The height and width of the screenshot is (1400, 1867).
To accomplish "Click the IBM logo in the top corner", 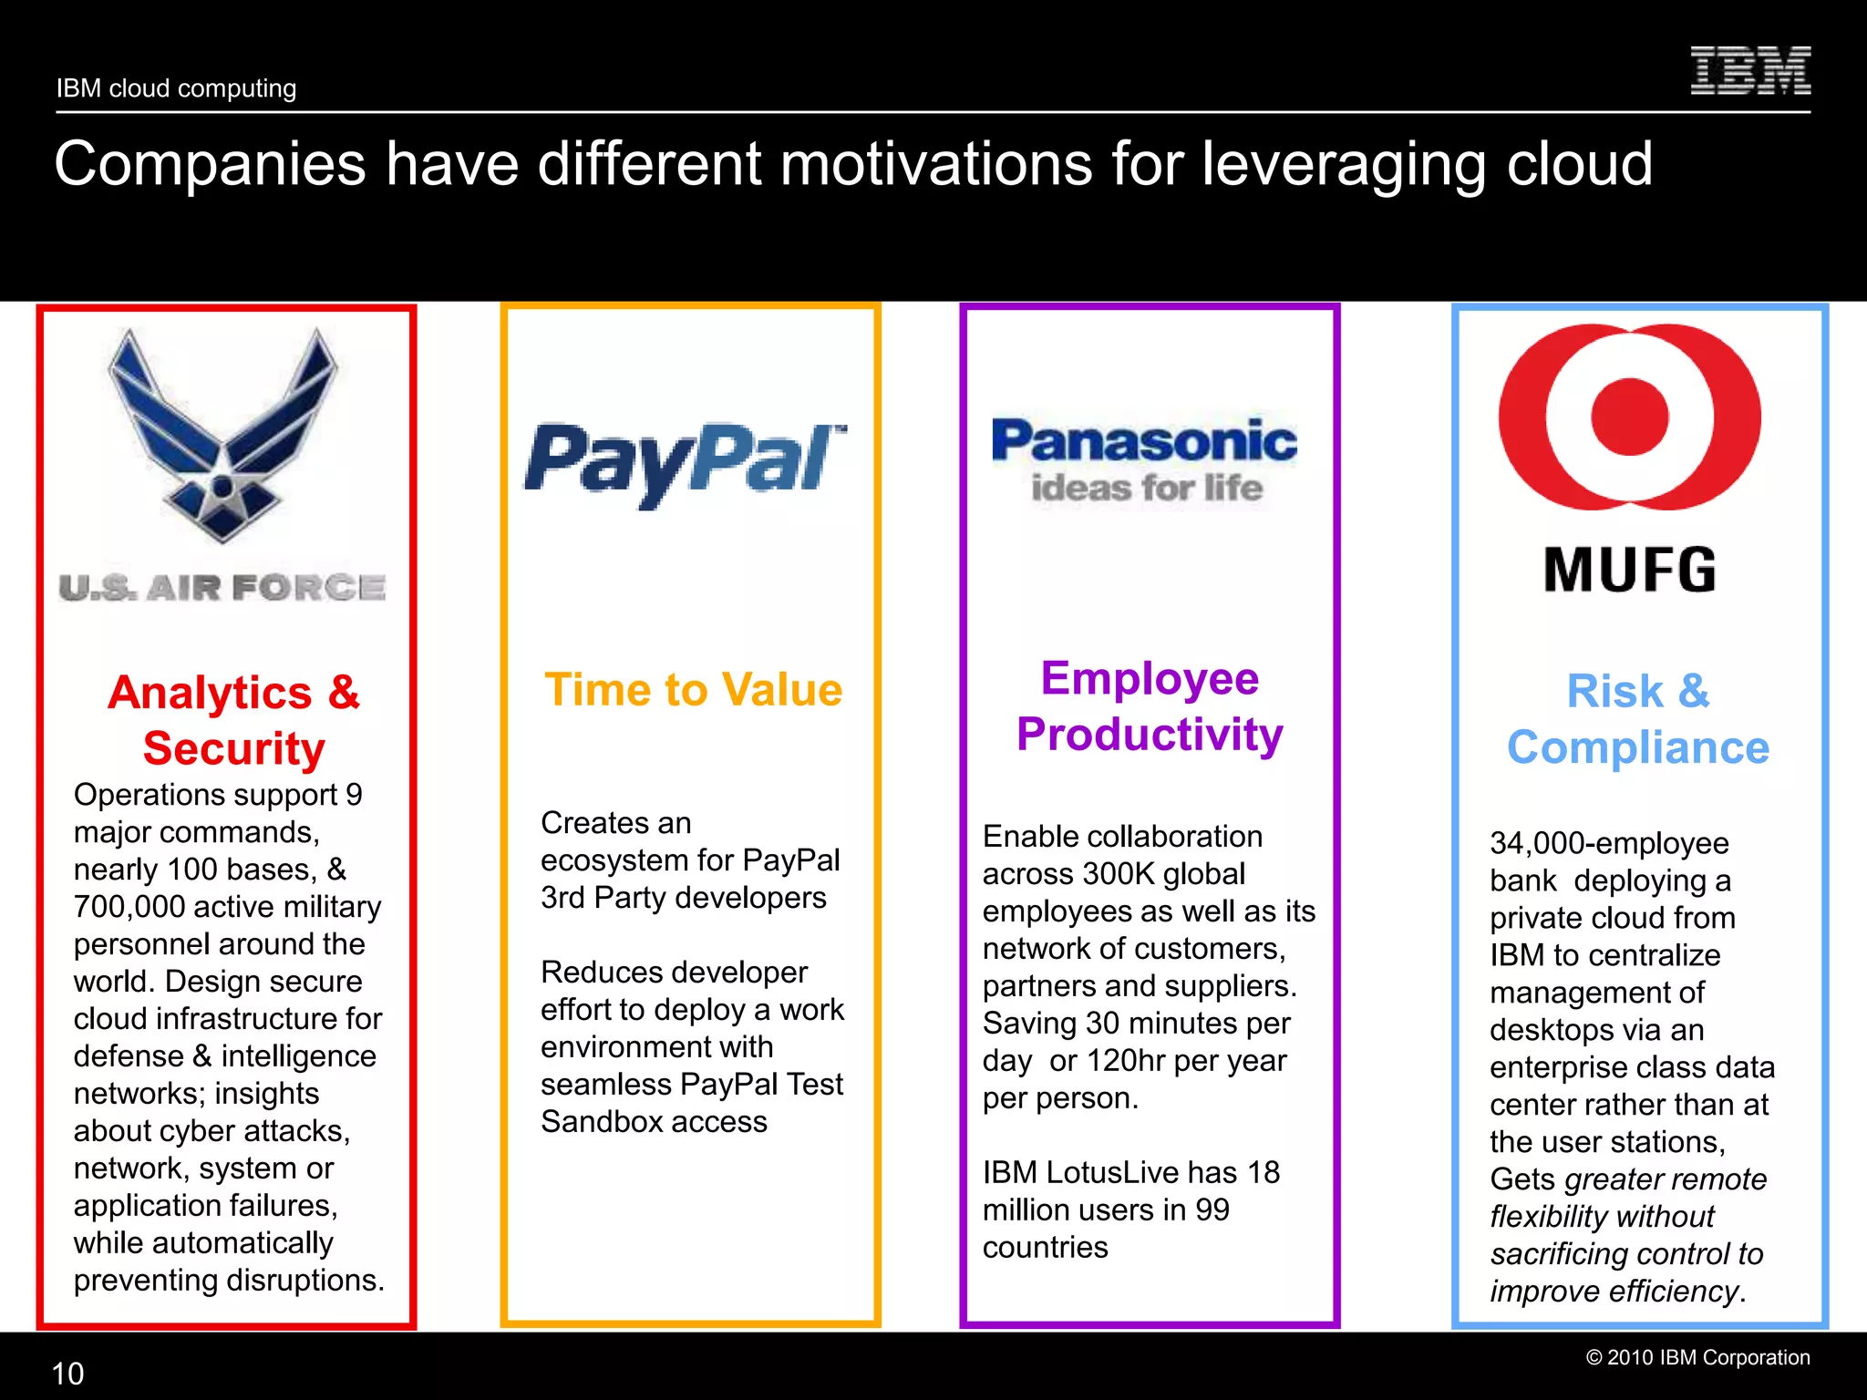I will tap(1749, 71).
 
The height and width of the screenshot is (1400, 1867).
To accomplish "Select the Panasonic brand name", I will tap(1144, 441).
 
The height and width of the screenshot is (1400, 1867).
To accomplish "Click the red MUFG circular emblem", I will tap(1629, 417).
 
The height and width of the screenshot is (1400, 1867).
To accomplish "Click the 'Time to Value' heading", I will tap(693, 690).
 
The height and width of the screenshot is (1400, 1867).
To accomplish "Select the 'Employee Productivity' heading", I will tap(1150, 706).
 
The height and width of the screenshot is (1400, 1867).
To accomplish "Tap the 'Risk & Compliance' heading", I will tap(1638, 719).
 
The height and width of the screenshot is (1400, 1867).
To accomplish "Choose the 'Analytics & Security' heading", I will tap(234, 720).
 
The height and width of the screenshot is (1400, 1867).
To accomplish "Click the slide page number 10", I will tap(67, 1374).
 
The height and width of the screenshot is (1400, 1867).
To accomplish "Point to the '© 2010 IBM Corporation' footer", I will tap(1697, 1357).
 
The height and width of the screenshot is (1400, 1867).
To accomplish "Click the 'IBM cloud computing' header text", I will tap(176, 88).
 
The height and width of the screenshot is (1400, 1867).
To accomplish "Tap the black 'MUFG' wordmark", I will tap(1629, 571).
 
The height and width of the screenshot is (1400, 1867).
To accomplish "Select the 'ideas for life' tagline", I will tap(1146, 489).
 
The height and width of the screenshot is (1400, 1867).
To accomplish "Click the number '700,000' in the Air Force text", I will tap(129, 907).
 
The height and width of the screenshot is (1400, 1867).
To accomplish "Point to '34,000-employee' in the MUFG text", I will tap(1609, 843).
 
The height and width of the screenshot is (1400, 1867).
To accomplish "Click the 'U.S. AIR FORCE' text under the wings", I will tap(222, 588).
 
